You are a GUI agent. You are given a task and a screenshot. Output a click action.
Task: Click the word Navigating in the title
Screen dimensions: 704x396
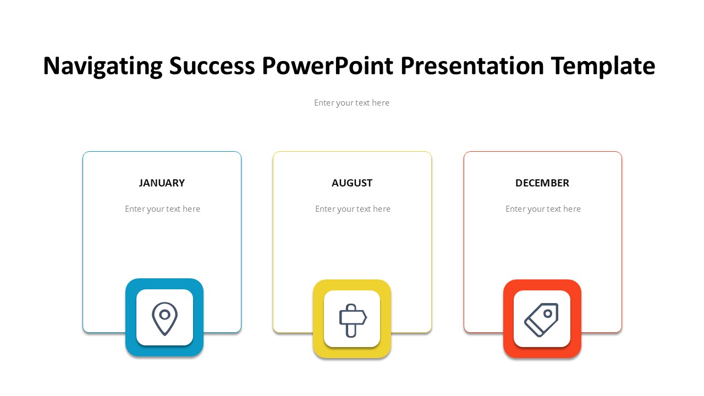pyautogui.click(x=103, y=66)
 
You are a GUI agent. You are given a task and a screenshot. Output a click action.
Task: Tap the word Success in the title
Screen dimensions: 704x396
pyautogui.click(x=212, y=66)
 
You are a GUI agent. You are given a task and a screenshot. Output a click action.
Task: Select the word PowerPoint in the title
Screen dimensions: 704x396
pyautogui.click(x=327, y=66)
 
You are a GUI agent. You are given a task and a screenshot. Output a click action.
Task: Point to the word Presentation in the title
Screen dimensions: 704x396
pyautogui.click(x=472, y=66)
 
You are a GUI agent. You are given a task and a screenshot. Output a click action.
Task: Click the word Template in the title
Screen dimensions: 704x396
pyautogui.click(x=603, y=66)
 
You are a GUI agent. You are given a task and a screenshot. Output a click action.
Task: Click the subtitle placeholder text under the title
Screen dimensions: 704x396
pyautogui.click(x=351, y=103)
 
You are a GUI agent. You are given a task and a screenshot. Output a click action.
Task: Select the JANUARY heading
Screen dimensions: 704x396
pyautogui.click(x=162, y=183)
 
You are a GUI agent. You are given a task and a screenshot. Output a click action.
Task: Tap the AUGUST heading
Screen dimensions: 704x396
pyautogui.click(x=352, y=183)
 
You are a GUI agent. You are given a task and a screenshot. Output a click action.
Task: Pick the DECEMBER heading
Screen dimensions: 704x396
pyautogui.click(x=542, y=183)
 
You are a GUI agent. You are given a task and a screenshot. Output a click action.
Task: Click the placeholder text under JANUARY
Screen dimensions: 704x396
pyautogui.click(x=162, y=209)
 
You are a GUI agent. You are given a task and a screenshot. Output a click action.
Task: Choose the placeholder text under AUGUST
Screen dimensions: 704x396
pyautogui.click(x=353, y=209)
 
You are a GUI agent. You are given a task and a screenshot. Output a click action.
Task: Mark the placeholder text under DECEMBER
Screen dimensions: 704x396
pyautogui.click(x=543, y=209)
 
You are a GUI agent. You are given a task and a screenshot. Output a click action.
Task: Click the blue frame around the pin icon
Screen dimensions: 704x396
pyautogui.click(x=131, y=317)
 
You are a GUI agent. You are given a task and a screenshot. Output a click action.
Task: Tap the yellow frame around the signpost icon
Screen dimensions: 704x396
pyautogui.click(x=318, y=318)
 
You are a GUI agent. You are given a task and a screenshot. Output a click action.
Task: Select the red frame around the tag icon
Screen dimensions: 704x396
pyautogui.click(x=509, y=318)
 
